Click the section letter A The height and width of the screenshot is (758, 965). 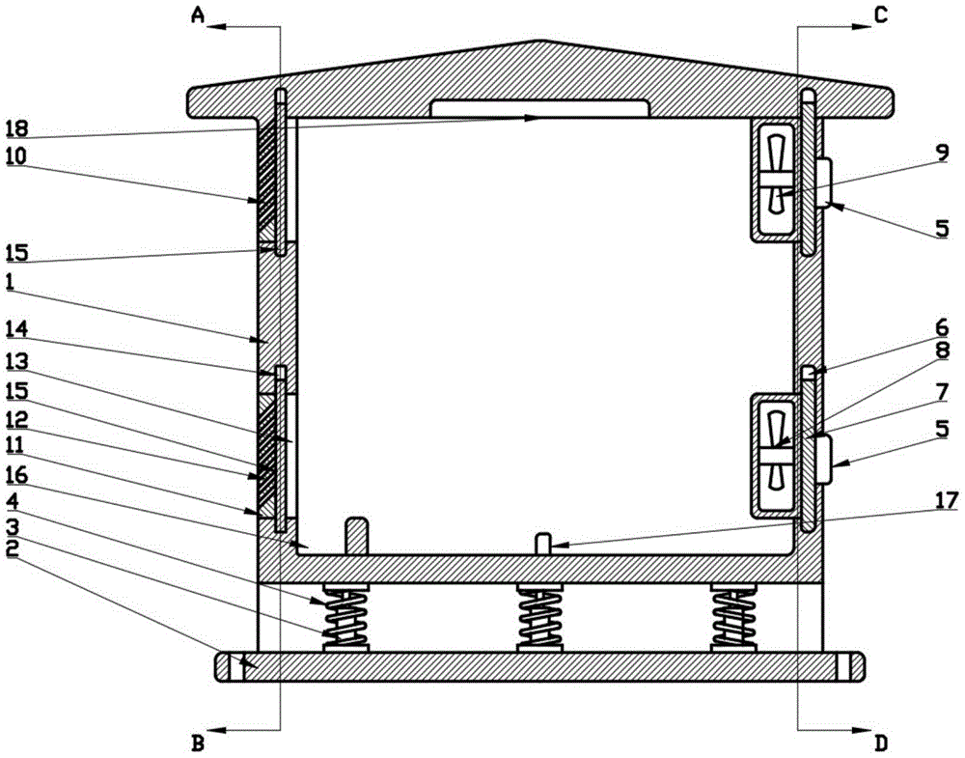click(198, 14)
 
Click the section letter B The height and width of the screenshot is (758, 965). click(198, 743)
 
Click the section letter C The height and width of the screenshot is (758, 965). click(880, 14)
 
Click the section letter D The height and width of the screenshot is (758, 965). click(880, 743)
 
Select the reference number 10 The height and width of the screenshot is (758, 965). click(16, 154)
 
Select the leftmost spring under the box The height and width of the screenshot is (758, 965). click(346, 618)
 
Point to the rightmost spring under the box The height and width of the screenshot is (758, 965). click(733, 618)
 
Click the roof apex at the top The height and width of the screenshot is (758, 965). click(542, 42)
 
